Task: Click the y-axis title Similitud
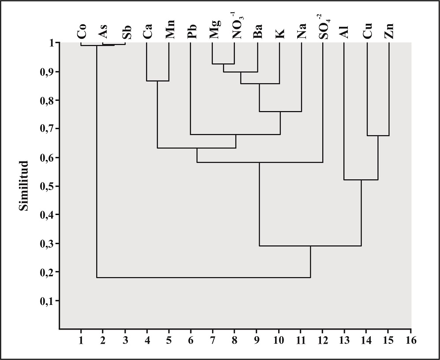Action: pos(25,186)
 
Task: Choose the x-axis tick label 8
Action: pos(235,341)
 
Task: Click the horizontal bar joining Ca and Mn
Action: pos(158,81)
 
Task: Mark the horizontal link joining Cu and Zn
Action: pos(378,136)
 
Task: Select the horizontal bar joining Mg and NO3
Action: pos(224,64)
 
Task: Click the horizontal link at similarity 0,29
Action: pos(310,246)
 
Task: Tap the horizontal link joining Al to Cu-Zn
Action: pos(361,180)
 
